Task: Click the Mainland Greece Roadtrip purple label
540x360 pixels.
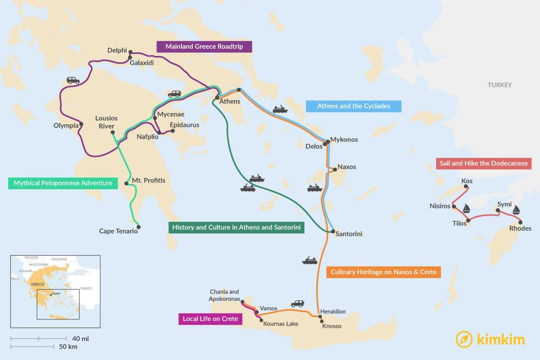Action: click(x=204, y=46)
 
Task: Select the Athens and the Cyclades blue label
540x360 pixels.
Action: click(x=353, y=106)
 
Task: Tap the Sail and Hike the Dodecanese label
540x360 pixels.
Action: click(x=483, y=163)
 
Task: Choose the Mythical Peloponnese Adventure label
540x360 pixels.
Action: click(x=63, y=183)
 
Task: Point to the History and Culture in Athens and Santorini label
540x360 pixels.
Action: click(x=235, y=228)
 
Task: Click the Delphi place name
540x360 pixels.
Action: click(x=117, y=51)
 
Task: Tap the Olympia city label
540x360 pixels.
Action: click(x=66, y=125)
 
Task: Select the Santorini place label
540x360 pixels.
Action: click(x=349, y=233)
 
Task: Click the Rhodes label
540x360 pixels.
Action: click(x=520, y=228)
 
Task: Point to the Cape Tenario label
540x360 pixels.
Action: click(x=118, y=231)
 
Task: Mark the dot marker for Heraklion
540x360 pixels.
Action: click(x=320, y=317)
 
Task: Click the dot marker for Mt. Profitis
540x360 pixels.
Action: click(x=126, y=183)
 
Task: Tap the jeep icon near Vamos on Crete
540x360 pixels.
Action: click(x=297, y=304)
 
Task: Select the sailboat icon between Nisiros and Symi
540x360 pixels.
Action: click(x=466, y=209)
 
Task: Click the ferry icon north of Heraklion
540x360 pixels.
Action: click(x=310, y=260)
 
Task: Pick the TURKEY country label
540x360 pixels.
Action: click(x=499, y=85)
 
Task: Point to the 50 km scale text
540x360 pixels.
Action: click(x=69, y=346)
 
